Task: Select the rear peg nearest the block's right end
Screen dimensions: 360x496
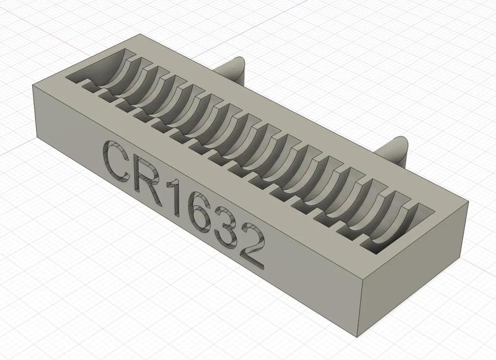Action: tap(393, 149)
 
